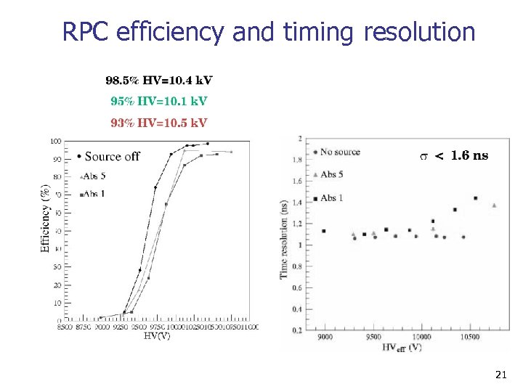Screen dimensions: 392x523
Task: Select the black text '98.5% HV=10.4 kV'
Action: (x=159, y=80)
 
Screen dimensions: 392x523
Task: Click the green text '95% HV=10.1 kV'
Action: (x=159, y=100)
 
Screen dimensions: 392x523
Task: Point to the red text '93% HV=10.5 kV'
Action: (x=159, y=122)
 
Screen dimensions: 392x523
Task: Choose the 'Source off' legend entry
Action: (x=108, y=157)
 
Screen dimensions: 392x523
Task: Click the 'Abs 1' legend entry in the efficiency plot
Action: (x=92, y=194)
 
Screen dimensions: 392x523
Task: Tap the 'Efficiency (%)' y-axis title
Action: (x=46, y=218)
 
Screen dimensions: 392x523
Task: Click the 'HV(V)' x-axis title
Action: (x=157, y=336)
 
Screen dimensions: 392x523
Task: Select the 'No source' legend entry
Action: (x=336, y=152)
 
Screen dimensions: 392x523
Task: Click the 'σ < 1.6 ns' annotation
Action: (x=455, y=155)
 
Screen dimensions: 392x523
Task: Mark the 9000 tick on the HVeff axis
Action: (x=326, y=338)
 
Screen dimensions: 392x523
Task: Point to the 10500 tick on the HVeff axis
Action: (x=471, y=338)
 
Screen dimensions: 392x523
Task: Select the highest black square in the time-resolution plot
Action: (x=475, y=198)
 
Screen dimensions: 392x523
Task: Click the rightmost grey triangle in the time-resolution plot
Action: (x=495, y=205)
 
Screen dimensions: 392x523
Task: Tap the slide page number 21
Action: (x=500, y=375)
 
